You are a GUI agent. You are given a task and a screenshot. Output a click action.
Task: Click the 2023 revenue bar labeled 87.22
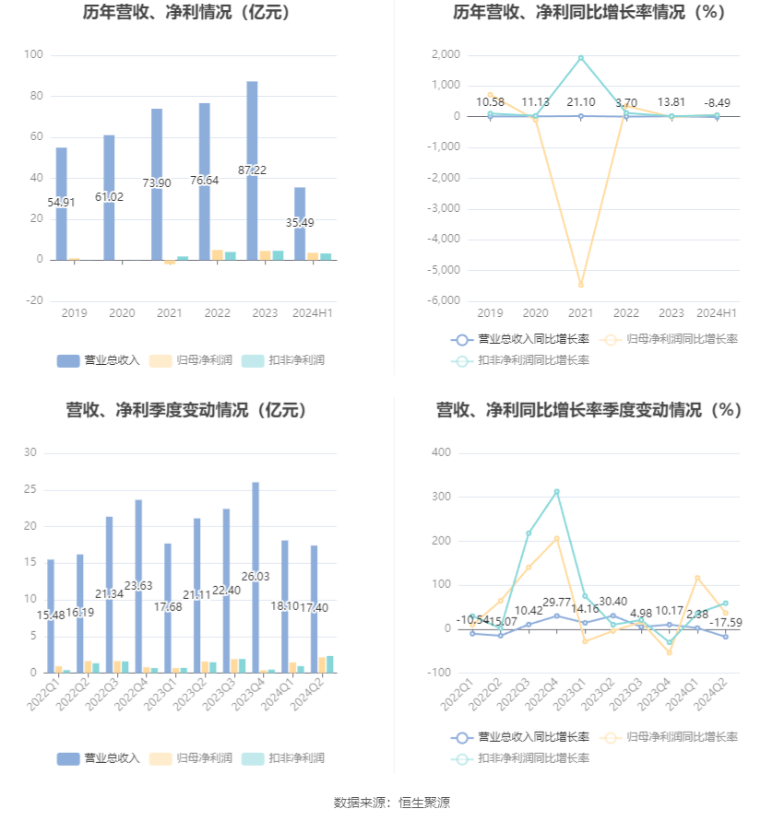252,170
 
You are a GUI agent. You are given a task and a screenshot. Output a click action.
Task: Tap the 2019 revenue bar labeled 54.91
61,203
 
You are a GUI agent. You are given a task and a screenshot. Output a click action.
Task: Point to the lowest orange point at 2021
581,285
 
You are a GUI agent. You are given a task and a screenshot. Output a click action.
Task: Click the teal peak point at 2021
581,58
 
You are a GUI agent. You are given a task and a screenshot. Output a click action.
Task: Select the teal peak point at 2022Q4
556,492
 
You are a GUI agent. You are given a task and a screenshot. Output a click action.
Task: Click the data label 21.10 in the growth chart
581,102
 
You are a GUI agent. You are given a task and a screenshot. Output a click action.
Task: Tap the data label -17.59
725,622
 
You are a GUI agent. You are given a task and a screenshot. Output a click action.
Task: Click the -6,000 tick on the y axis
445,300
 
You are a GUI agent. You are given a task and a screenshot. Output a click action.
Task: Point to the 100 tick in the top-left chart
33,55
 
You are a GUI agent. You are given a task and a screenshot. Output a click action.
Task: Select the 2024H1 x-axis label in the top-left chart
313,313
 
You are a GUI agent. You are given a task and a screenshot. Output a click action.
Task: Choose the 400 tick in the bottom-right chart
441,452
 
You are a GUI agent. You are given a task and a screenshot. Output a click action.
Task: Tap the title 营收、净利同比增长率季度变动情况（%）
588,410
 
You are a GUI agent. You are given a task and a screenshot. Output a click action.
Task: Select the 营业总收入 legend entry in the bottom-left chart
99,758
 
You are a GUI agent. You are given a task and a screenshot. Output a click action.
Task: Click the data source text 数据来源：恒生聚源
391,803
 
